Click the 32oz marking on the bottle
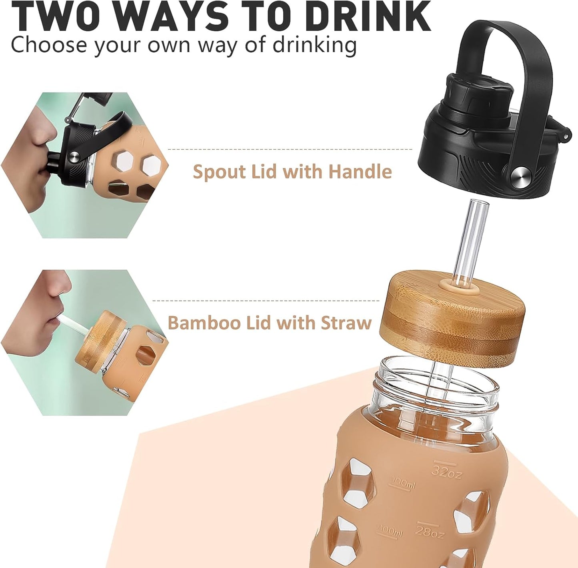click(446, 472)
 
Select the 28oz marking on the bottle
click(430, 531)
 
